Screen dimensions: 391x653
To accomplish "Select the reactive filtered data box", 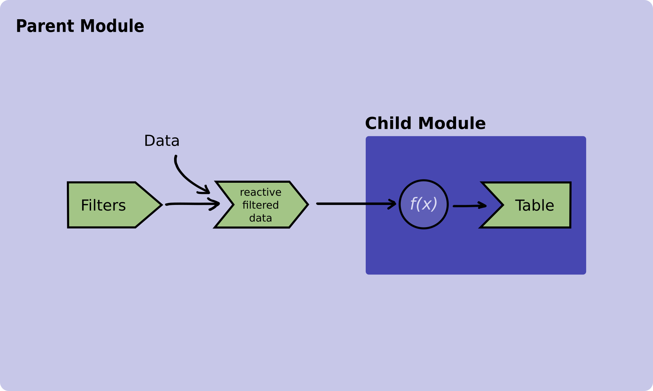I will [x=261, y=205].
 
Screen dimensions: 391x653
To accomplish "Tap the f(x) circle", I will [x=424, y=204].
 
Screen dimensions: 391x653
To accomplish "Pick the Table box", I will [x=533, y=205].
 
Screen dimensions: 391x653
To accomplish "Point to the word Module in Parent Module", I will [x=112, y=26].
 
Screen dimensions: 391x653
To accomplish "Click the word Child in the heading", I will [x=389, y=123].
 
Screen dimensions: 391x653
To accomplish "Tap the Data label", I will [x=162, y=141].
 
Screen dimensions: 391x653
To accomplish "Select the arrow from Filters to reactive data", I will [x=192, y=204].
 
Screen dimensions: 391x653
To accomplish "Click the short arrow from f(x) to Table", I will [x=469, y=206].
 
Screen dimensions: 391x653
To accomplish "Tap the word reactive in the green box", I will [x=260, y=192].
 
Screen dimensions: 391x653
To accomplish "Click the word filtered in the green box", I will [x=260, y=205].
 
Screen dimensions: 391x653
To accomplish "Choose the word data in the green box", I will [x=260, y=218].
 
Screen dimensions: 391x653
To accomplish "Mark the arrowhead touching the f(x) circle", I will [x=394, y=204].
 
